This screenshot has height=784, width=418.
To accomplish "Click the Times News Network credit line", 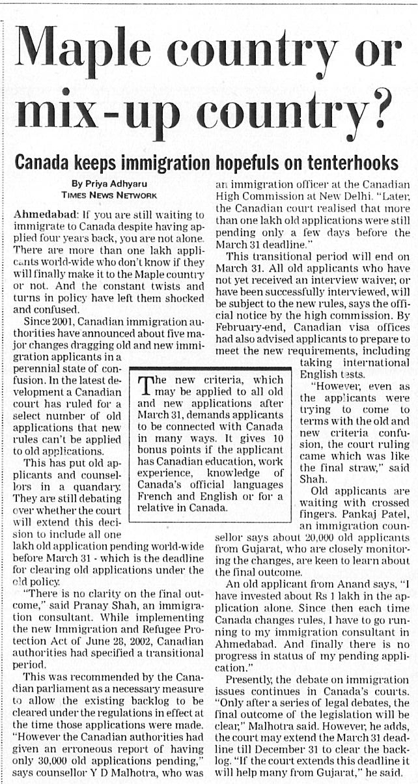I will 109,195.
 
